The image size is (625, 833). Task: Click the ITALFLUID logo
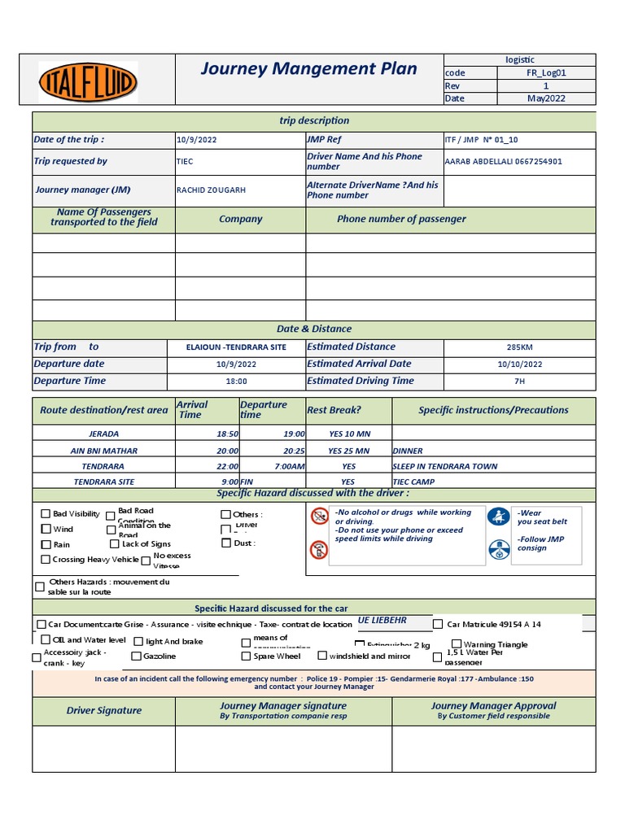88,81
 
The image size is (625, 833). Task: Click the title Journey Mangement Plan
308,68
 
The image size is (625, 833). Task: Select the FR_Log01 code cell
545,72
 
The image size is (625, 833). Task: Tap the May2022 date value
545,98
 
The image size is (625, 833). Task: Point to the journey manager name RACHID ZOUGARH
211,190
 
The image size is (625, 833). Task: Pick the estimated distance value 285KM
519,347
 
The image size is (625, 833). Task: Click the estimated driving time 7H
519,381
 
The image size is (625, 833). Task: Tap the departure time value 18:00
236,381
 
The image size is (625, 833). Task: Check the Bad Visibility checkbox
46,513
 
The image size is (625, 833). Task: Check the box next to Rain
46,544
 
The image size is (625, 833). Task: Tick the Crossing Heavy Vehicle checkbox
46,559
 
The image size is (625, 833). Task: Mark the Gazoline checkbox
136,656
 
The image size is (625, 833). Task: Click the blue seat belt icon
498,517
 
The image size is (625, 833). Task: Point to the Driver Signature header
103,710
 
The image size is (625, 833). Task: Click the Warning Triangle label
495,644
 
